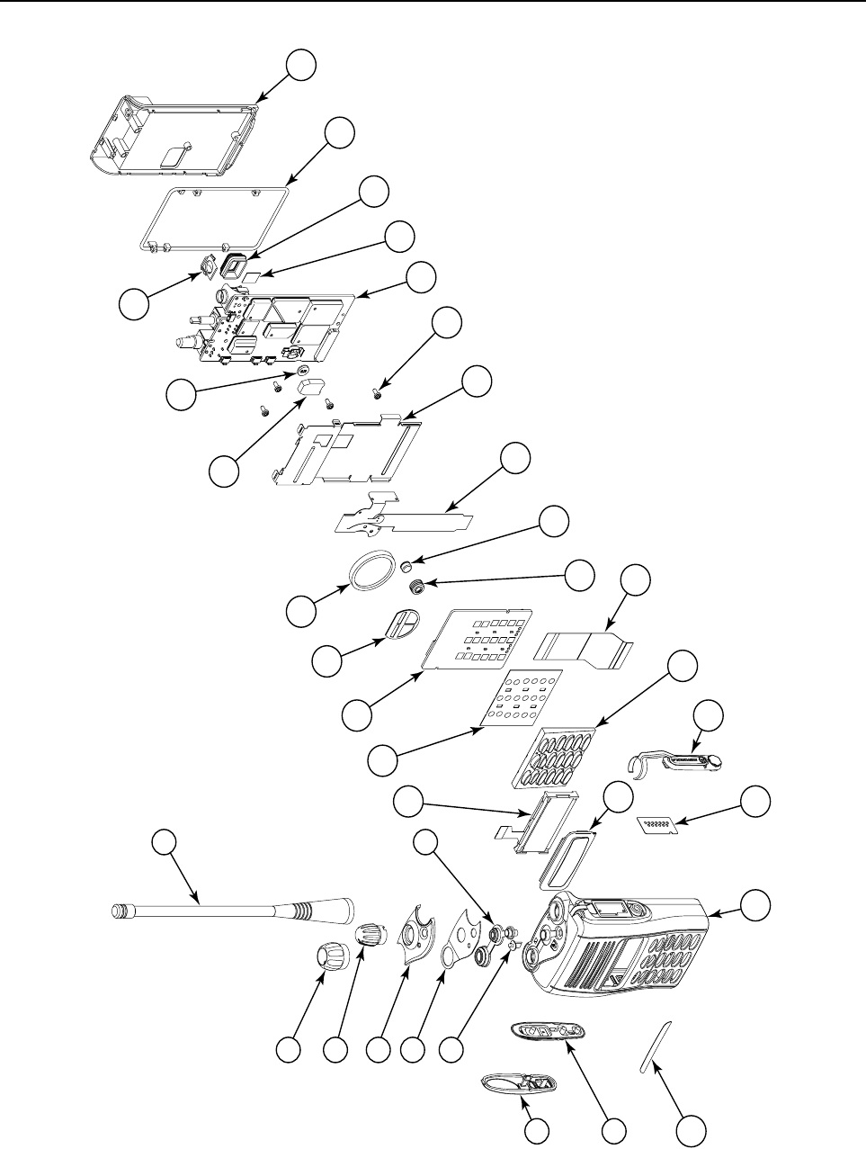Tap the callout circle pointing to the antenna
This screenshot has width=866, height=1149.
[164, 842]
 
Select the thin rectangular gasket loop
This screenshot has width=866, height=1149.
[215, 215]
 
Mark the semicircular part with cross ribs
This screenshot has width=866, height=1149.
[401, 624]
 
